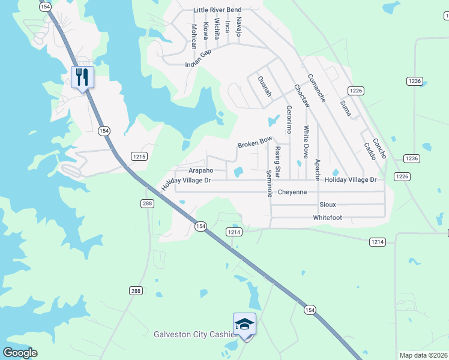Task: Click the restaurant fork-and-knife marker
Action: point(83,77)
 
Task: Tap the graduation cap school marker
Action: point(244,324)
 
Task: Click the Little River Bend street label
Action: point(217,10)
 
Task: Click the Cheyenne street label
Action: point(292,192)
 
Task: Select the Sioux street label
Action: point(327,205)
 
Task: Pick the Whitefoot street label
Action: point(327,217)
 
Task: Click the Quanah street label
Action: point(265,86)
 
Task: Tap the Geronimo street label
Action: point(289,119)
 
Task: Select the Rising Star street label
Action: point(277,158)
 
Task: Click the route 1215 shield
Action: point(139,156)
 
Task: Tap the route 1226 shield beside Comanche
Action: point(355,91)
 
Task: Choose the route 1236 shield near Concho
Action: point(411,158)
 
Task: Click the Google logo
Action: point(20,353)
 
